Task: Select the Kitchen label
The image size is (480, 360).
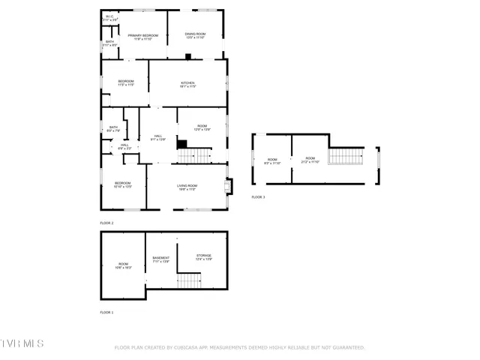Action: [187, 84]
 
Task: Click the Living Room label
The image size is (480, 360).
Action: [187, 187]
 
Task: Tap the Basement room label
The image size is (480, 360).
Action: [160, 259]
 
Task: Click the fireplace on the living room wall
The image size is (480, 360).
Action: [229, 185]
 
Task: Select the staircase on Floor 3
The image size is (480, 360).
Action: [346, 157]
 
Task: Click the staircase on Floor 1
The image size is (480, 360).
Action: [190, 280]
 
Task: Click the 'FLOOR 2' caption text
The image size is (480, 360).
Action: [106, 223]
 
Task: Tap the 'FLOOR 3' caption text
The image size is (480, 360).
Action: [258, 197]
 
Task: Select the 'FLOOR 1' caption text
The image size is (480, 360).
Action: [106, 312]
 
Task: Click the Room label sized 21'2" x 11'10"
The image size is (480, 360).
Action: [310, 160]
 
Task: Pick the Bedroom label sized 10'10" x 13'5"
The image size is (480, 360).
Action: [123, 184]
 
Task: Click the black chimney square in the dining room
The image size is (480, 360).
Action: [188, 56]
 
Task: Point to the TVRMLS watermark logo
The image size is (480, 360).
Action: [22, 343]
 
